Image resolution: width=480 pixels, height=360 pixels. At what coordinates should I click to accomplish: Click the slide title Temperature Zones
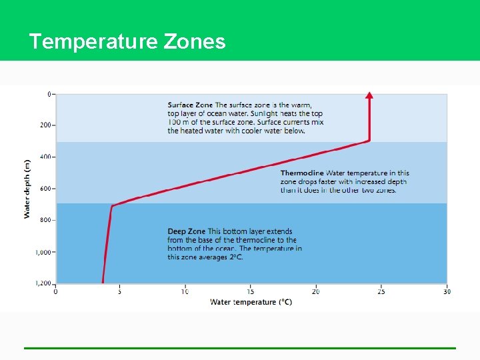[127, 42]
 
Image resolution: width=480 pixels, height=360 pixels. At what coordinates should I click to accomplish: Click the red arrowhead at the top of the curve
[369, 95]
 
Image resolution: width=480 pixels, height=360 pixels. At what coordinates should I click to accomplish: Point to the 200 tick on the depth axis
[46, 125]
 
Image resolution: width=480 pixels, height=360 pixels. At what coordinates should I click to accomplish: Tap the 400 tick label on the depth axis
[46, 157]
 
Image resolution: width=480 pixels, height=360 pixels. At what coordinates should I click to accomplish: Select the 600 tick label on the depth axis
[46, 189]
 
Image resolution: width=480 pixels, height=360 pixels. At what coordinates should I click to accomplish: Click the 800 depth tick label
[46, 220]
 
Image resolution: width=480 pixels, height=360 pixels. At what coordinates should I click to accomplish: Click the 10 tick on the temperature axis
[185, 291]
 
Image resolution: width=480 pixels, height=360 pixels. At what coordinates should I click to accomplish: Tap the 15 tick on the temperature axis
[251, 291]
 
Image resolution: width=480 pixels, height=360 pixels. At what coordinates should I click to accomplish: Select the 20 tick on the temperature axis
[315, 291]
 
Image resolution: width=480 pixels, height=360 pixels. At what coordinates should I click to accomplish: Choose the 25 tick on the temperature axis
[381, 291]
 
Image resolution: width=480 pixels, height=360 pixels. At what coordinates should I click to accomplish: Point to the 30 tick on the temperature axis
[446, 291]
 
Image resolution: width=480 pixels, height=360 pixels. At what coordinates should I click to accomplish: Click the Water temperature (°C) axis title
[251, 302]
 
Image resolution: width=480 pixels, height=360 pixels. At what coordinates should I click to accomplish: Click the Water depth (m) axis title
[27, 189]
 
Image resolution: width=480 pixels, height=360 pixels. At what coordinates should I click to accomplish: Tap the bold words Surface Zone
[190, 105]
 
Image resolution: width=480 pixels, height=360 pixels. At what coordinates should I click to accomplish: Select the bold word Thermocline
[302, 173]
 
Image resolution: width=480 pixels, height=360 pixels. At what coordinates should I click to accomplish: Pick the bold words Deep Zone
[187, 231]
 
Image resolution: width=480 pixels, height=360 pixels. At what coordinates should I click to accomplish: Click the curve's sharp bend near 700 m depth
[112, 205]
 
